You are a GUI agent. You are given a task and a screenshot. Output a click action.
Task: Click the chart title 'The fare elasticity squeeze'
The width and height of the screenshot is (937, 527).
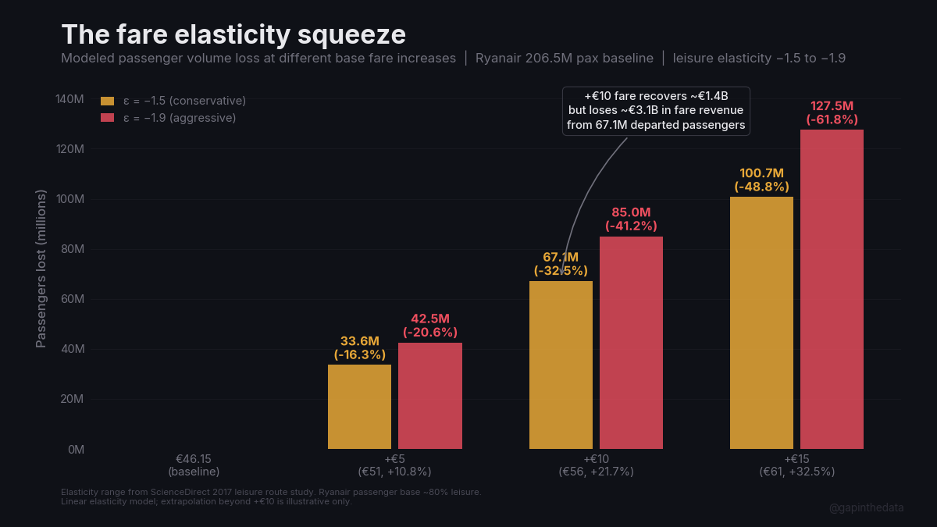233,34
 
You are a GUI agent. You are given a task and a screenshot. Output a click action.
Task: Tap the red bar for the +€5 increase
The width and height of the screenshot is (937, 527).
429,396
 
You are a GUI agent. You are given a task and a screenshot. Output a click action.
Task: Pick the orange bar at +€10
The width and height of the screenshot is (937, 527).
561,365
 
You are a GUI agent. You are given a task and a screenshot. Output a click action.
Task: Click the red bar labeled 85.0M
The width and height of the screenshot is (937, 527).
631,343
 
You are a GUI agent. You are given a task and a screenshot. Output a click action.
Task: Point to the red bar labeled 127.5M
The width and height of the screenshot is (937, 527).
832,289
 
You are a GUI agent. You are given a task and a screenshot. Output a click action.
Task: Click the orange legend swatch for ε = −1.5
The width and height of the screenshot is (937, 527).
108,101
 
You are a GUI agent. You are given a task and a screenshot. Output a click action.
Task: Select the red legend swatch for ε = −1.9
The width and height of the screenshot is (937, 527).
108,118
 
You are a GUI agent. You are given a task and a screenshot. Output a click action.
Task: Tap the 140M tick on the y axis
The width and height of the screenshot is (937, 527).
69,99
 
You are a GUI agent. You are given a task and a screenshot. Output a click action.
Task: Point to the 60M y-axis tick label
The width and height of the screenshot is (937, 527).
72,299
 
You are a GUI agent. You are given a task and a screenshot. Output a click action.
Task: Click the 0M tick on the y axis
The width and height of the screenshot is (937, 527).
75,449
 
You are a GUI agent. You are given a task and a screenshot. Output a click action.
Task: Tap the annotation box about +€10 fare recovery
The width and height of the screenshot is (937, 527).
656,110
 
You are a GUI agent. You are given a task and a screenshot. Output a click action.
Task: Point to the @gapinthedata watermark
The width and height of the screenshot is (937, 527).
866,507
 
